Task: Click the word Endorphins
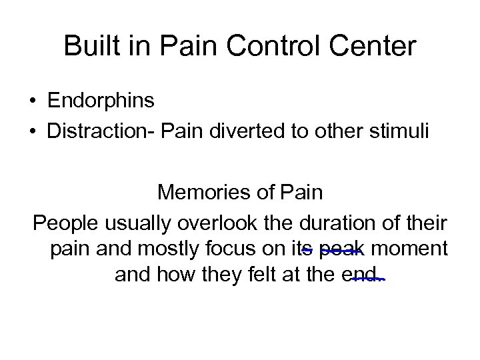[x=101, y=101]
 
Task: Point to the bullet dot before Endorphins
[x=33, y=102]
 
